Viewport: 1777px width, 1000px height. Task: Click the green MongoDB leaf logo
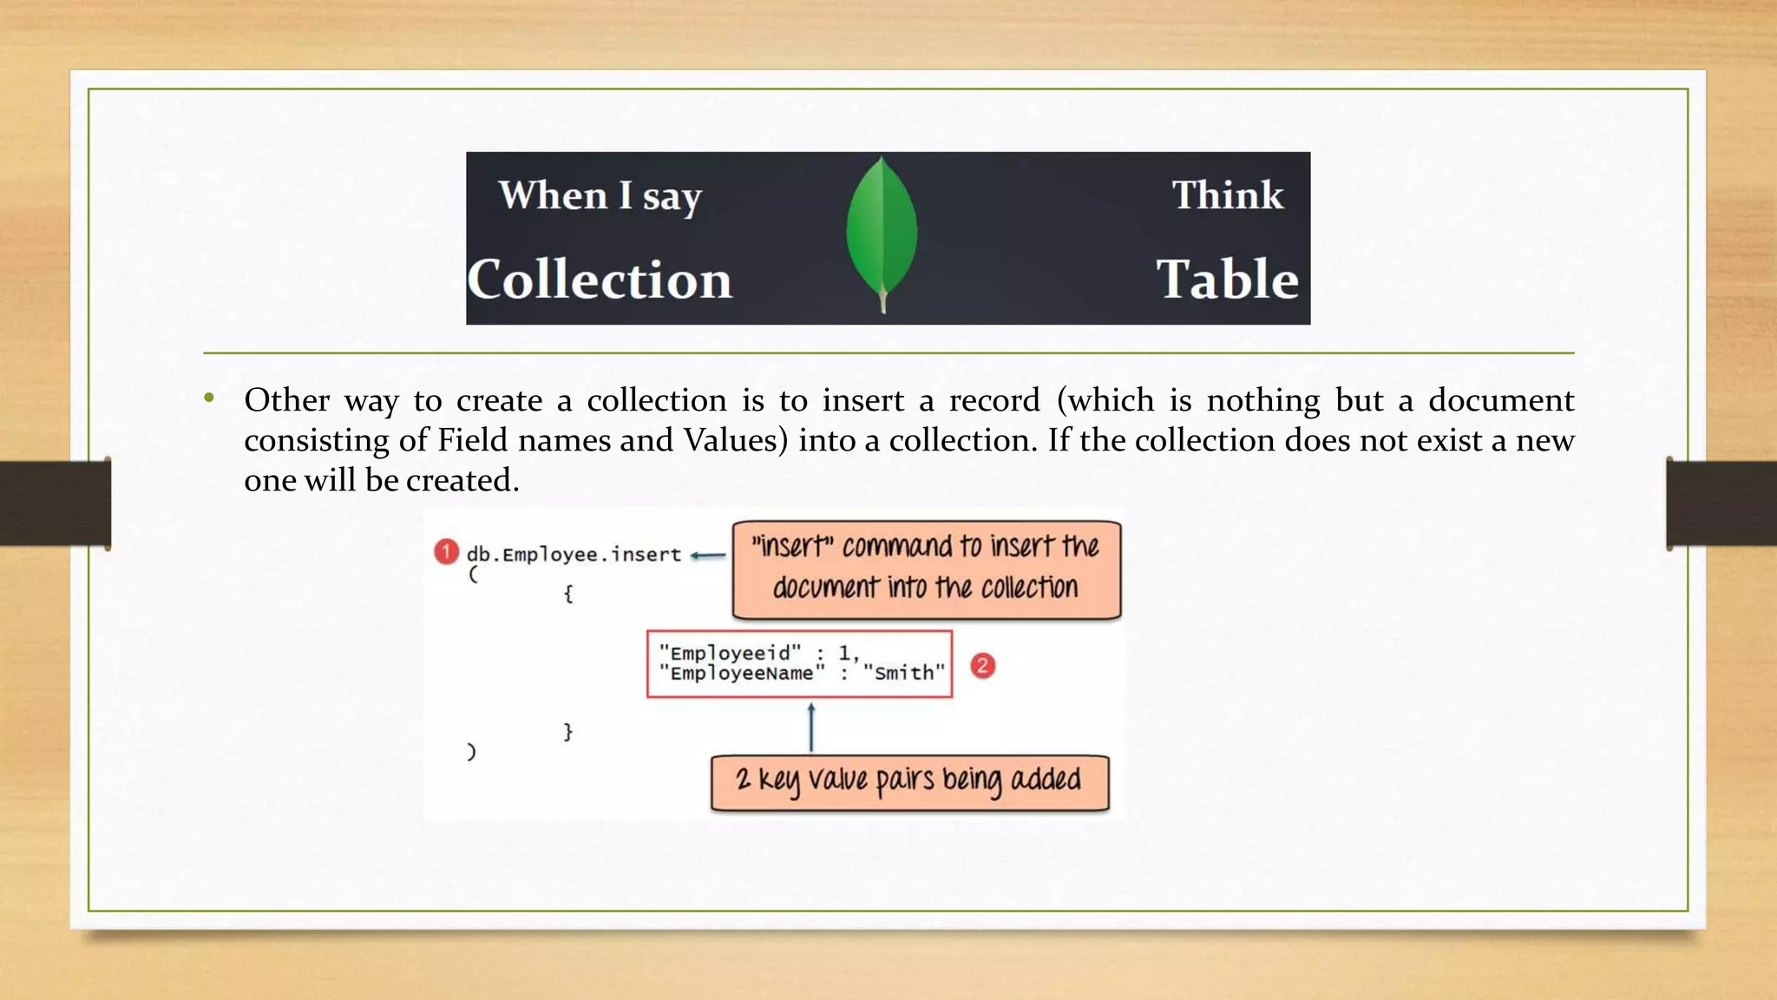882,230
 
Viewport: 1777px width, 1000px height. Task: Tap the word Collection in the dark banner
600,280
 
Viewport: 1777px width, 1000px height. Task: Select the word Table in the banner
1227,280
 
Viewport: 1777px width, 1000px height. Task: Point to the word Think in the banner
1227,195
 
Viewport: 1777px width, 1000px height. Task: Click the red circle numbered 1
446,552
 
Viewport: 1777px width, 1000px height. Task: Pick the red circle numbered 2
982,666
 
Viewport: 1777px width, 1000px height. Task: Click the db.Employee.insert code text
574,555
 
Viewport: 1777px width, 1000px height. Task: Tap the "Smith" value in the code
903,674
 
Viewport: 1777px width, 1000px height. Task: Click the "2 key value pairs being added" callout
909,781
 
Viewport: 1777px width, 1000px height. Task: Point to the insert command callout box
926,569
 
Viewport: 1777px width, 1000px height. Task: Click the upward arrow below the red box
811,727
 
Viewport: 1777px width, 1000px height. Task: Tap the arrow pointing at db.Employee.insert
708,556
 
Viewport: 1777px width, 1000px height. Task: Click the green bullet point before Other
209,398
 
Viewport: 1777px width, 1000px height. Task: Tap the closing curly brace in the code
567,732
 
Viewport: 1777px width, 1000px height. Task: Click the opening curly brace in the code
567,594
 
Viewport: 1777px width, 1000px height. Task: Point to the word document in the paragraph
1500,400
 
